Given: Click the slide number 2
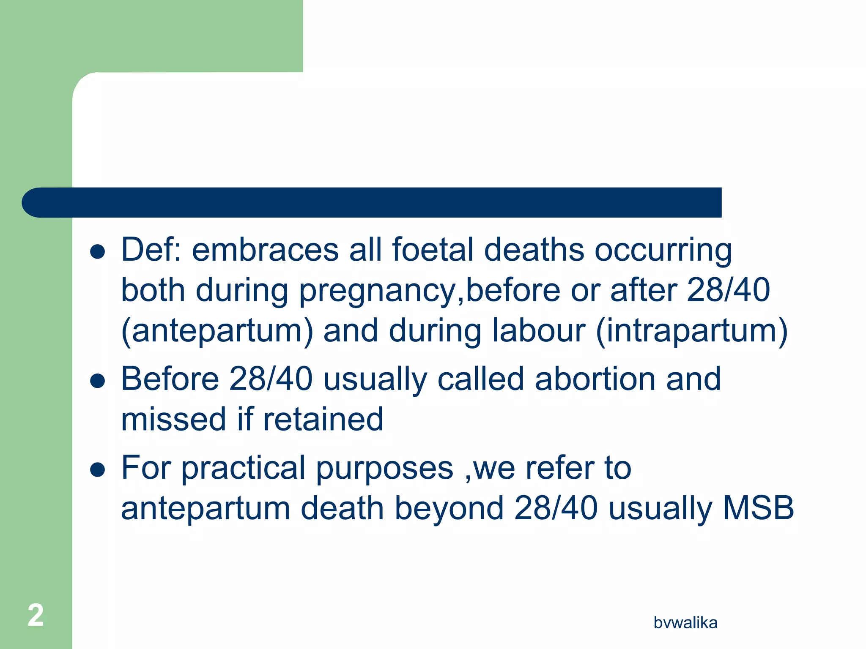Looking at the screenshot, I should [36, 615].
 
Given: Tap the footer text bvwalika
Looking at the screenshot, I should [685, 623].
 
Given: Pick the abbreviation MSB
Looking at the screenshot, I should [758, 508].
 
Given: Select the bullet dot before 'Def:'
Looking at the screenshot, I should [98, 252].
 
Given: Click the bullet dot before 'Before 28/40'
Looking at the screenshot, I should [98, 381].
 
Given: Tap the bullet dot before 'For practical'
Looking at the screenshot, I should [98, 470].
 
